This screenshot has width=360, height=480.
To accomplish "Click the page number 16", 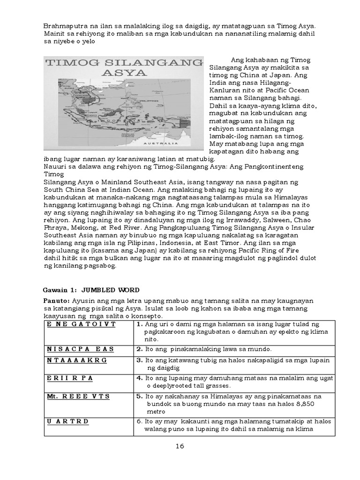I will point(180,446).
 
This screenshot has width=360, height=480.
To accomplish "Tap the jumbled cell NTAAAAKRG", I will point(77,360).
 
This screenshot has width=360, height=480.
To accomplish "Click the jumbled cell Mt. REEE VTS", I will point(78,396).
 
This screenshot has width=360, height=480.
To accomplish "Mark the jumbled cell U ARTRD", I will point(68,421).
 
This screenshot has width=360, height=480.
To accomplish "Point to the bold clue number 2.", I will point(140,350).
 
